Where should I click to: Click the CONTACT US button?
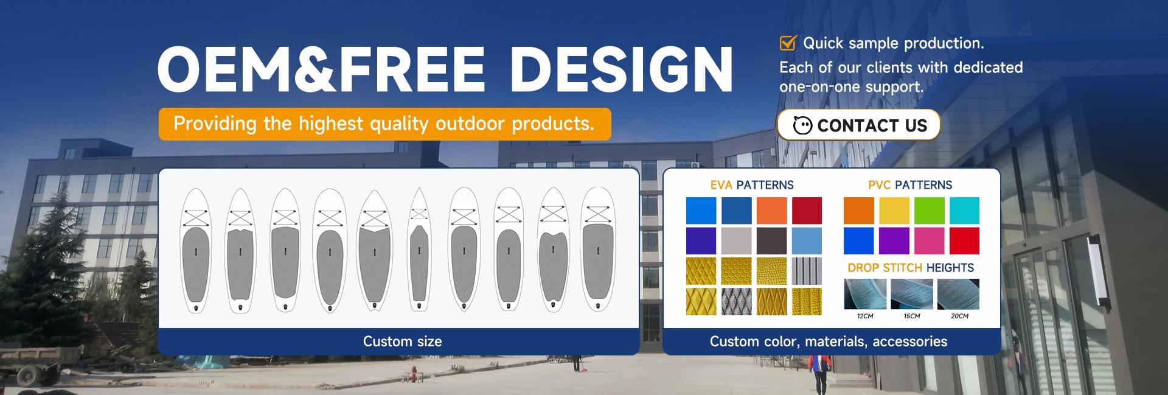[x=858, y=125]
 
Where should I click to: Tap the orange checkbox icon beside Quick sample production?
[x=788, y=43]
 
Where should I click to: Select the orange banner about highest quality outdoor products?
[x=384, y=124]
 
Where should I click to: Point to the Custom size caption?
[x=402, y=341]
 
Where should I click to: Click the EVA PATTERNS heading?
[x=752, y=185]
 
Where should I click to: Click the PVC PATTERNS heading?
[x=910, y=185]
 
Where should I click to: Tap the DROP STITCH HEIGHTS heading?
[x=911, y=268]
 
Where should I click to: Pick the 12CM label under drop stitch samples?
[x=865, y=316]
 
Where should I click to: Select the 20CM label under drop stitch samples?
[x=959, y=316]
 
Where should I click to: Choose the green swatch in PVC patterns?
[x=929, y=211]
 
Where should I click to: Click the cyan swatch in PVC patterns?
[x=964, y=211]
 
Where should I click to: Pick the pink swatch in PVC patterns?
[x=929, y=240]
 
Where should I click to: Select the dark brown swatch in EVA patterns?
[x=771, y=240]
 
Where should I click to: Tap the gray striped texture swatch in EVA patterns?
[x=807, y=271]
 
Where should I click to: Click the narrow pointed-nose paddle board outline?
[x=419, y=249]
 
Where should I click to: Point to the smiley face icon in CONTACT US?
[x=802, y=125]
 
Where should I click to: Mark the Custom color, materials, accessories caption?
[x=828, y=341]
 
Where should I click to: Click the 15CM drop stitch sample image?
[x=912, y=294]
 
